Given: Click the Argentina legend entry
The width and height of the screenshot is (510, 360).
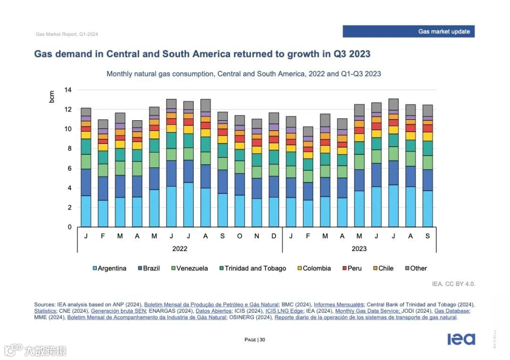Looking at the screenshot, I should click(x=110, y=268).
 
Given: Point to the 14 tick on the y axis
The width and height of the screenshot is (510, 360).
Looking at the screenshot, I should click(x=68, y=90).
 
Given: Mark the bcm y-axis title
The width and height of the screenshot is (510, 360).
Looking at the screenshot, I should click(x=52, y=97).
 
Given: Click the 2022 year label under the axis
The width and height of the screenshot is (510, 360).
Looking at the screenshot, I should click(x=179, y=249).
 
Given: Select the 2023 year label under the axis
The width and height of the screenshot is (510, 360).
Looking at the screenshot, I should click(x=359, y=249).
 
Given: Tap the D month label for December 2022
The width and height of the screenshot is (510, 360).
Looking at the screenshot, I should click(x=274, y=236).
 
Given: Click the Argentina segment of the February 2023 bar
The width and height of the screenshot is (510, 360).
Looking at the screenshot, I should click(x=308, y=213).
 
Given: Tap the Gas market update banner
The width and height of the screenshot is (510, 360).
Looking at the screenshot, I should click(x=408, y=32).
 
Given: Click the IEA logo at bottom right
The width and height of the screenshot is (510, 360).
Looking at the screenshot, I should click(x=461, y=339).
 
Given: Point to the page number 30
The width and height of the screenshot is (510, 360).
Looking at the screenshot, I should click(x=262, y=340).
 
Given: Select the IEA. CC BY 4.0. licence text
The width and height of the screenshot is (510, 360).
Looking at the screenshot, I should click(x=453, y=284).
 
